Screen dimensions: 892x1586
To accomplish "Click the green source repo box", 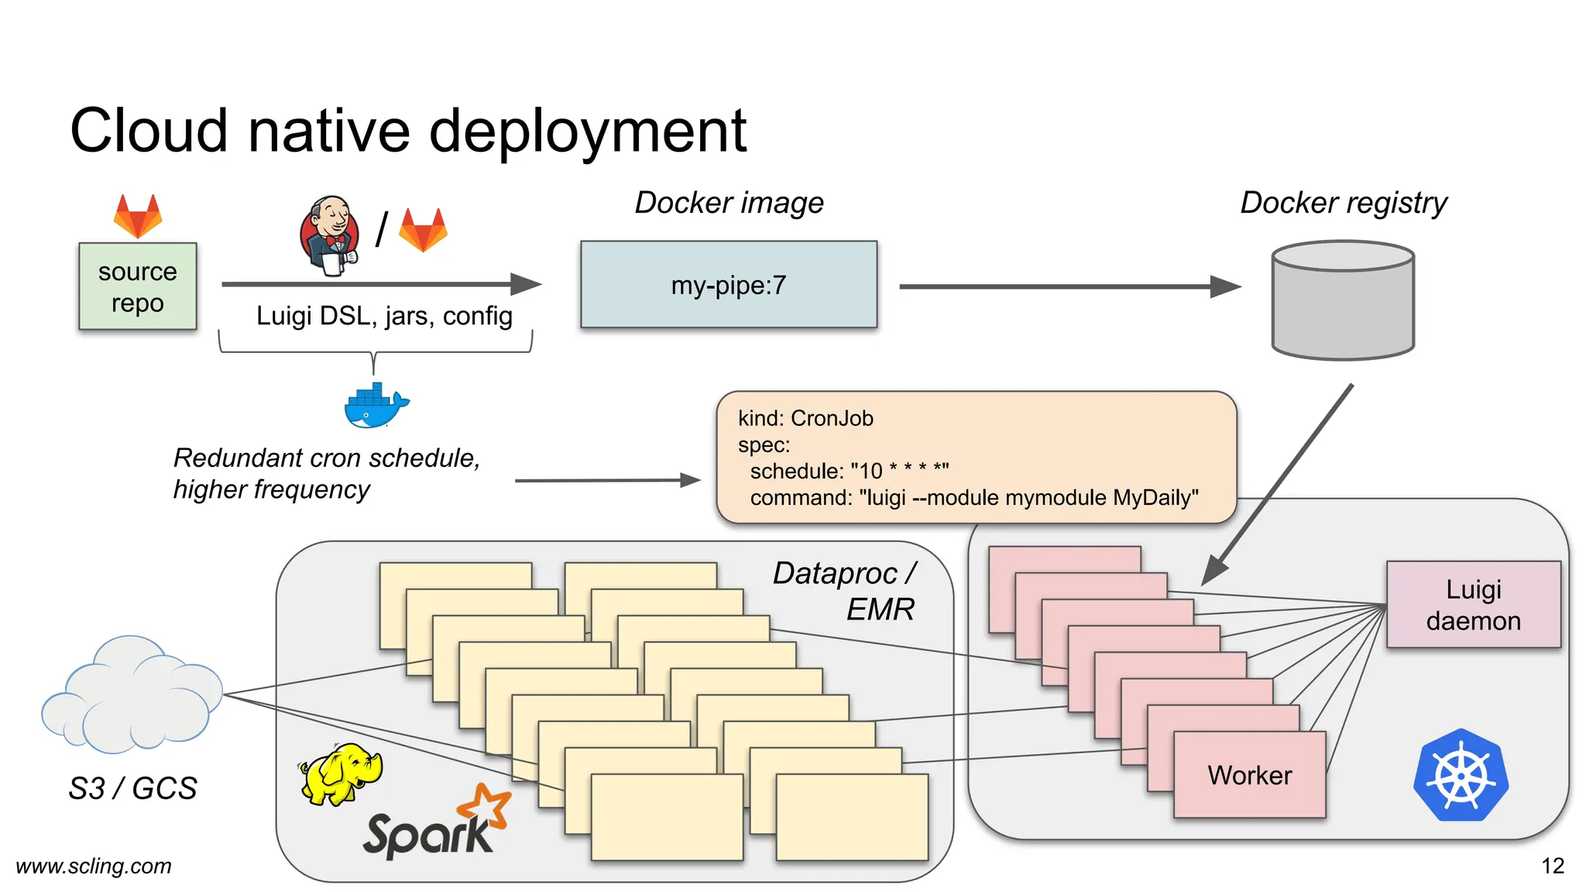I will click(x=137, y=286).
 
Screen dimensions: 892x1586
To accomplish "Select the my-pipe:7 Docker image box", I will click(x=728, y=285).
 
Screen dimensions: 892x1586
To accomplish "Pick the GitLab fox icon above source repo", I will click(x=138, y=216).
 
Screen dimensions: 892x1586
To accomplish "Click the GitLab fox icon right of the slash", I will click(x=423, y=230).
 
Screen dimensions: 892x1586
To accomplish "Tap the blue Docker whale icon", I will click(x=376, y=406).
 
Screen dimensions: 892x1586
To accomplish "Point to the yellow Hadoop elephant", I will click(x=341, y=773).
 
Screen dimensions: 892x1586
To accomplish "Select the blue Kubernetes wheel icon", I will click(x=1461, y=775).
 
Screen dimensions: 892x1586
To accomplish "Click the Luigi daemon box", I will click(x=1473, y=605).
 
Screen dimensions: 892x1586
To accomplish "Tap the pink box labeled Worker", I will click(x=1249, y=775).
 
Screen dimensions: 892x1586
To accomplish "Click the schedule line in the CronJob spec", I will click(x=849, y=471).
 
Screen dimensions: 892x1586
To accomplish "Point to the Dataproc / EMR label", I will click(x=844, y=591).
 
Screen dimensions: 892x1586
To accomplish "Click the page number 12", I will click(x=1552, y=866).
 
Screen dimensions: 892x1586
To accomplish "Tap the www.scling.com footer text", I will click(x=94, y=866).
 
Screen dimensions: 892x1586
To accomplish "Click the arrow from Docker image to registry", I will click(x=1069, y=286).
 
